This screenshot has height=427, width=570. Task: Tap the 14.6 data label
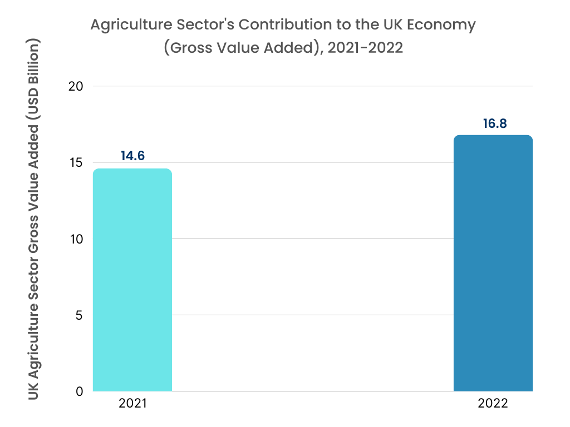[x=132, y=156]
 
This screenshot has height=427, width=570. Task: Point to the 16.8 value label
[x=494, y=123]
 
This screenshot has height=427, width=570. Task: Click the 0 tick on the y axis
[x=79, y=391]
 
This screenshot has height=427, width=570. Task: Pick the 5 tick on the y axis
[x=79, y=315]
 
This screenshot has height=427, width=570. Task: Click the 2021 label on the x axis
[x=132, y=404]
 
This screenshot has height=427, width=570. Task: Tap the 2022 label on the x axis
[x=493, y=404]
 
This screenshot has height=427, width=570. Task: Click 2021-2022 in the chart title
[x=365, y=48]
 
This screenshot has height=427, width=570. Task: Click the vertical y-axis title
[x=35, y=220]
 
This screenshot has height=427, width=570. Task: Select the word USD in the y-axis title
[x=35, y=107]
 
